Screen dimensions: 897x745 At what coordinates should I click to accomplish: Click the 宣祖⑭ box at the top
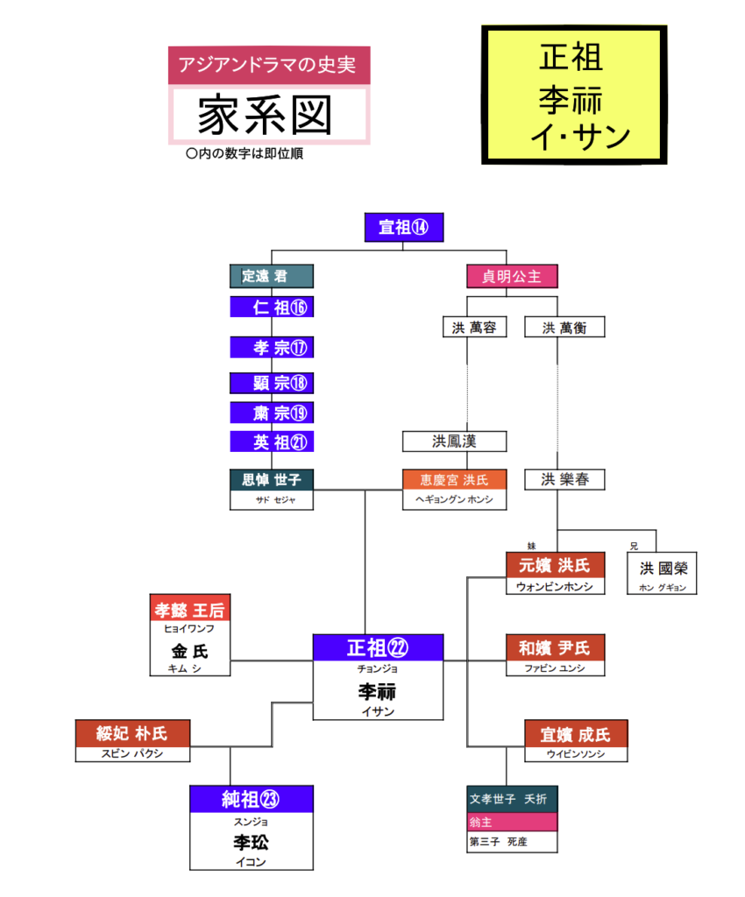(x=403, y=228)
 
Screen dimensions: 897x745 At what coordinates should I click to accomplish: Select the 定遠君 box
(x=271, y=276)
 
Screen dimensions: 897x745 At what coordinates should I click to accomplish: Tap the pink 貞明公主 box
(x=512, y=276)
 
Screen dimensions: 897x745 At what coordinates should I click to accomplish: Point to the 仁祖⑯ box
(x=271, y=307)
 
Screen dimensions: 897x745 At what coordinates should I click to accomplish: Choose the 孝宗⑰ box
(x=271, y=348)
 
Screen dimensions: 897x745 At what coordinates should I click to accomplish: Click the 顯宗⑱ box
(x=271, y=383)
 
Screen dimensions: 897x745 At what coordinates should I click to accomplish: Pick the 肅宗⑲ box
(x=271, y=413)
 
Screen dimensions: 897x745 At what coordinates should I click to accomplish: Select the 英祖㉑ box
(x=271, y=442)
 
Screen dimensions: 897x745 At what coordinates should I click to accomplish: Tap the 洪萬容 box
(x=469, y=328)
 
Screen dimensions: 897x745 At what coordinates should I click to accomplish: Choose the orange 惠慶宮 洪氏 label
(x=453, y=480)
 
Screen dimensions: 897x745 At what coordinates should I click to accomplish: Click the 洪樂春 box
(x=564, y=480)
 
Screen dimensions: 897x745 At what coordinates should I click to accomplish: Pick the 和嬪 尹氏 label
(x=556, y=648)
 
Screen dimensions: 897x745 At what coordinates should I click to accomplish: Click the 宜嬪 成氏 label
(x=576, y=733)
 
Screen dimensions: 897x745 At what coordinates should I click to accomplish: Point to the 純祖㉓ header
(x=252, y=799)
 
